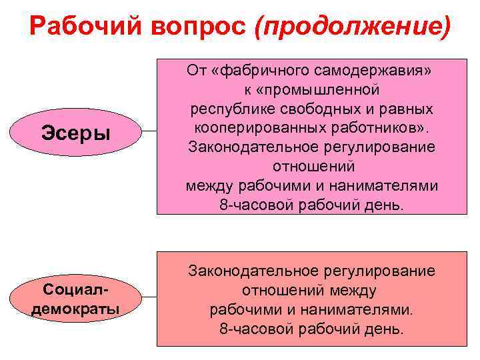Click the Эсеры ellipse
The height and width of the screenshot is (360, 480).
75,132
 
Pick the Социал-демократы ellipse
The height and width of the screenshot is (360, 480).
75,301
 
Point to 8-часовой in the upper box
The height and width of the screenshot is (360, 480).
257,205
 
